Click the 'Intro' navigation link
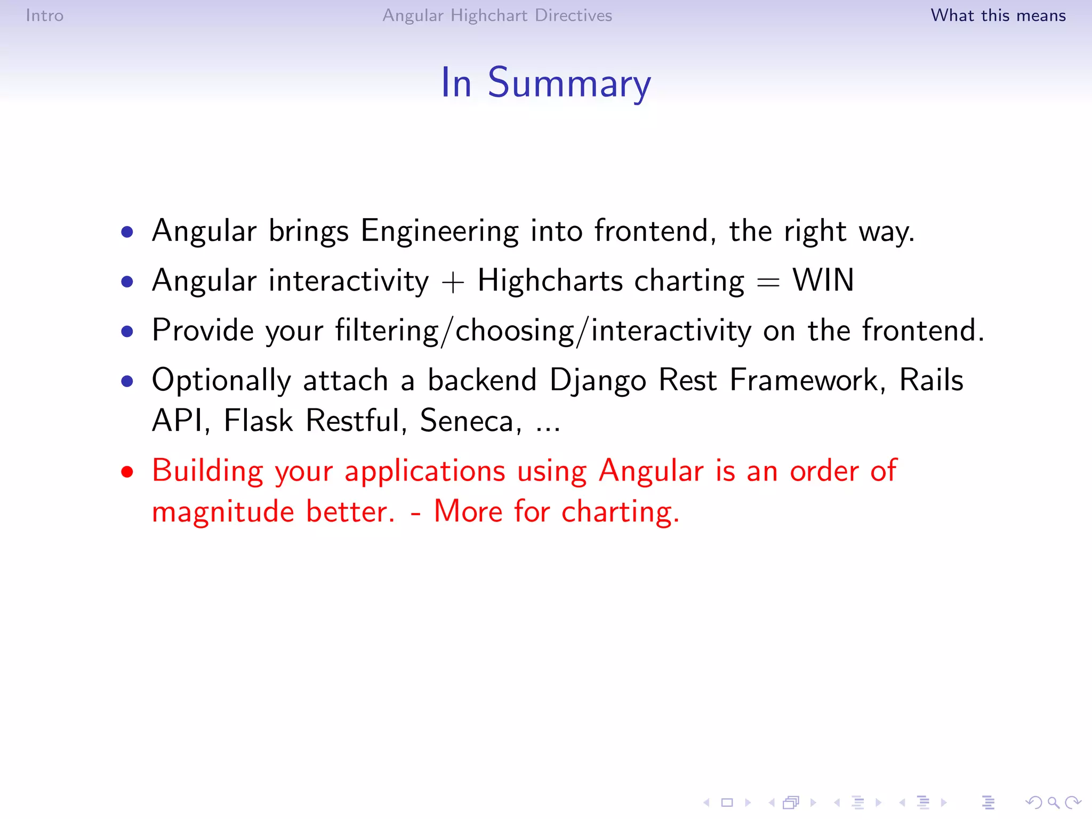pyautogui.click(x=44, y=15)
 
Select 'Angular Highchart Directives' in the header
pyautogui.click(x=497, y=15)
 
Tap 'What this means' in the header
pyautogui.click(x=998, y=15)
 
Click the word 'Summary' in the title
pyautogui.click(x=569, y=84)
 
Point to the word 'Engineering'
pyautogui.click(x=439, y=231)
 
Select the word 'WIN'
pyautogui.click(x=823, y=280)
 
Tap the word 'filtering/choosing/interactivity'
pyautogui.click(x=543, y=331)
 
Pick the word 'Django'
pyautogui.click(x=598, y=381)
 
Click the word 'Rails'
pyautogui.click(x=931, y=380)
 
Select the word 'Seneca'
pyautogui.click(x=467, y=421)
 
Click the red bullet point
pyautogui.click(x=127, y=472)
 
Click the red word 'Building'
pyautogui.click(x=207, y=472)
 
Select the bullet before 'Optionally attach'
pyautogui.click(x=127, y=381)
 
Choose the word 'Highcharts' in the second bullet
pyautogui.click(x=550, y=281)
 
